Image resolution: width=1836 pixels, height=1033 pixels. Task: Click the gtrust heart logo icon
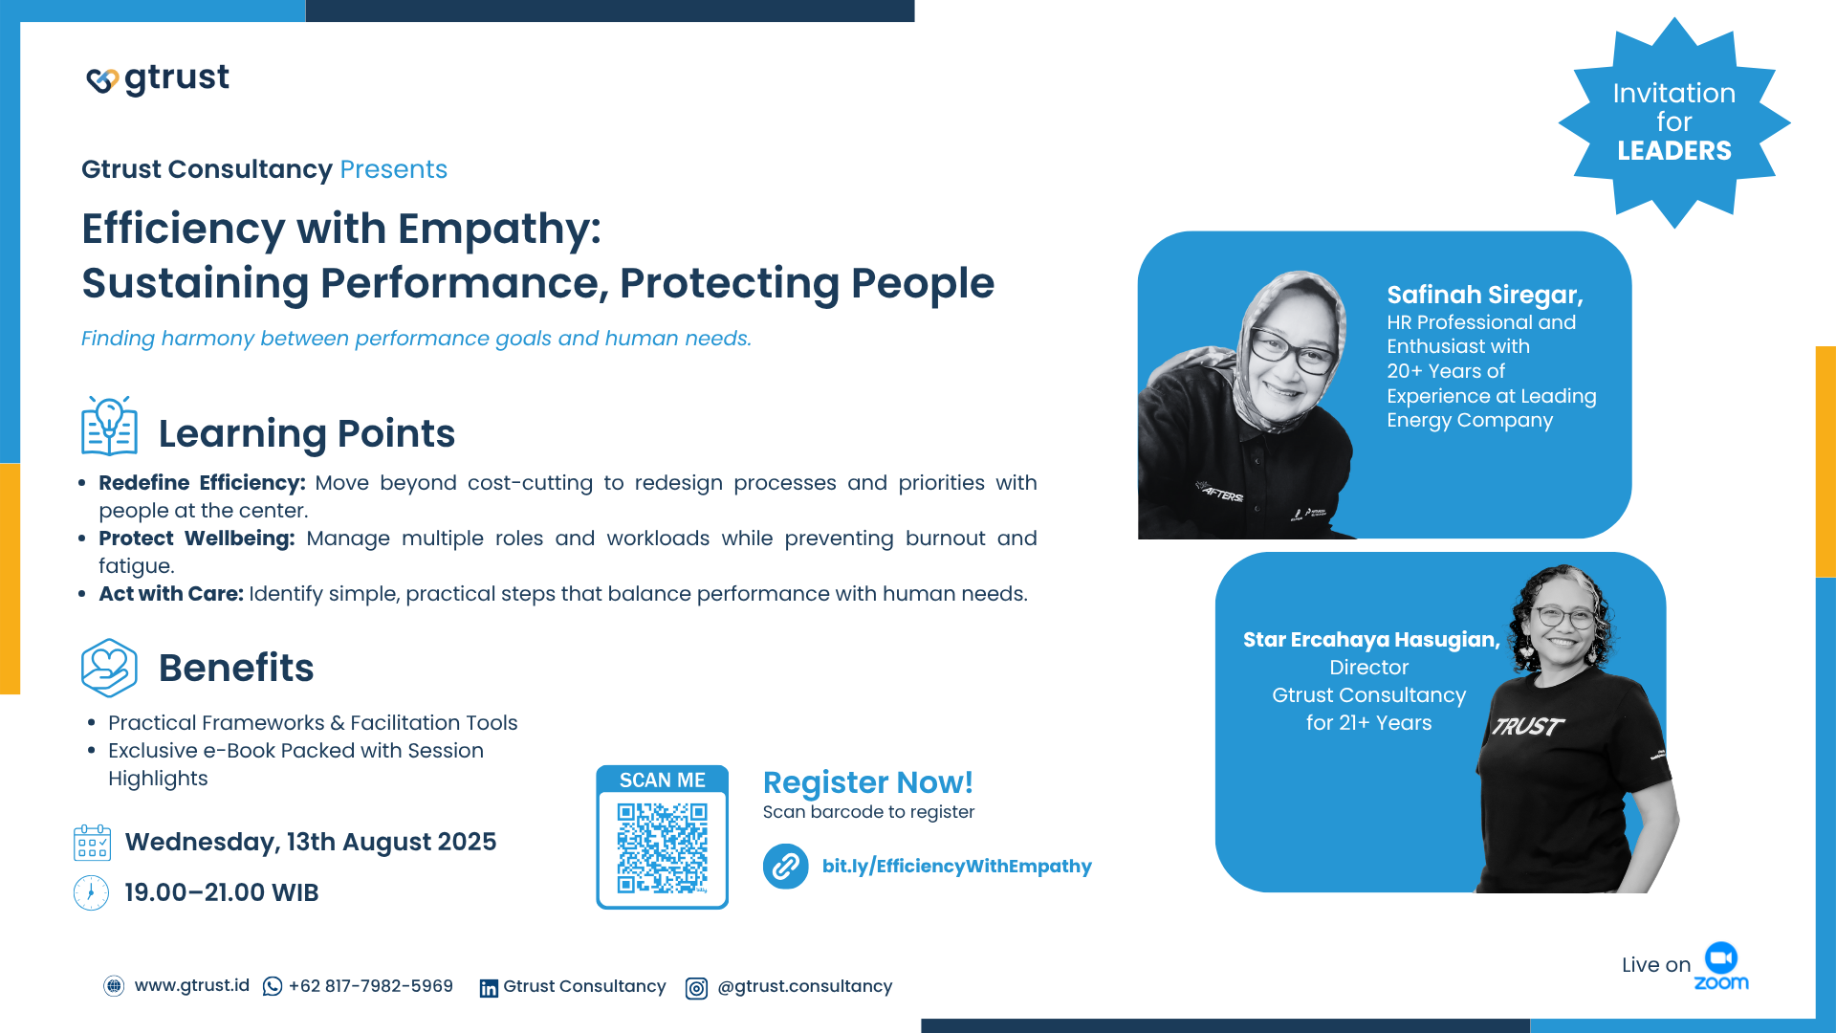point(102,81)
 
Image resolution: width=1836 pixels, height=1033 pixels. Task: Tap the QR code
point(662,847)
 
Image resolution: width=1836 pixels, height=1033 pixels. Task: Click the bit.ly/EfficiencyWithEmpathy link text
point(956,867)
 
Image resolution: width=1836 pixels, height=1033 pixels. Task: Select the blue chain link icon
point(786,867)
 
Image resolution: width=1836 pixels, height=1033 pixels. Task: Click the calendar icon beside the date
point(92,843)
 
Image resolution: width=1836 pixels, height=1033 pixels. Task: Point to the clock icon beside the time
point(91,892)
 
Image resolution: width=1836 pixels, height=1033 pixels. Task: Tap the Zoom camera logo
point(1721,957)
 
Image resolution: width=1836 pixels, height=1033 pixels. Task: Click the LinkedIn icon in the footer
point(489,988)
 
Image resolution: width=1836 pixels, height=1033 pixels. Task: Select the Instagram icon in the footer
point(696,988)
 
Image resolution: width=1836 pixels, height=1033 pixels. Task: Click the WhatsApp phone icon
point(273,986)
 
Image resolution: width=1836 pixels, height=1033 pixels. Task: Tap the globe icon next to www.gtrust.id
point(114,986)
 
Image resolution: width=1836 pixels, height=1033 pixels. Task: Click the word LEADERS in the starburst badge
point(1674,151)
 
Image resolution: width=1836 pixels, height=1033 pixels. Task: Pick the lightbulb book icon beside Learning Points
point(109,426)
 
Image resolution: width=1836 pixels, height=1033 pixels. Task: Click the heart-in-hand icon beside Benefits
point(109,668)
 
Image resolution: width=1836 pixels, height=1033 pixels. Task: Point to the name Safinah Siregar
point(1485,296)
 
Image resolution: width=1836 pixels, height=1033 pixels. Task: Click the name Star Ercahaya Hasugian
point(1371,640)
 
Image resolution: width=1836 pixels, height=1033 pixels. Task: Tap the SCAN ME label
point(662,780)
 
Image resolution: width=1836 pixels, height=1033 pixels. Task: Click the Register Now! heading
point(867,782)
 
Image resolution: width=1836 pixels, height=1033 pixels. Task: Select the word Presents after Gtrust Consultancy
point(394,169)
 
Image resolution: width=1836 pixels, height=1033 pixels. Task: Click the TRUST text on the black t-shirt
point(1528,727)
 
